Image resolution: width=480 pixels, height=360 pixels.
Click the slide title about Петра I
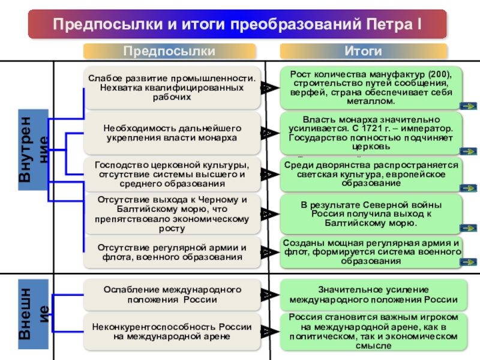tap(237, 25)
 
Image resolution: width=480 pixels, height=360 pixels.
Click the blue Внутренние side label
tap(34, 149)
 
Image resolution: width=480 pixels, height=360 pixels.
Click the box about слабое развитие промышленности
tap(173, 88)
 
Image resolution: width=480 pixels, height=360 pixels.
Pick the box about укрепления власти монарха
tap(173, 133)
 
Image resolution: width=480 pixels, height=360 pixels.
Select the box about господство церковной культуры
tap(173, 174)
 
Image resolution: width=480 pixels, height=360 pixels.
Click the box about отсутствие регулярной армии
tap(173, 252)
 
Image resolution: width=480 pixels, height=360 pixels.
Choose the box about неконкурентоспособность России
tap(173, 331)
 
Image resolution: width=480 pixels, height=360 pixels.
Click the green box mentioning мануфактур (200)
tap(372, 88)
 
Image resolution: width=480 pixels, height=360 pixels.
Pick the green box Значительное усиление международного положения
tap(372, 295)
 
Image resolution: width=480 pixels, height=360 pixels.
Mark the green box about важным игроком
tap(372, 331)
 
